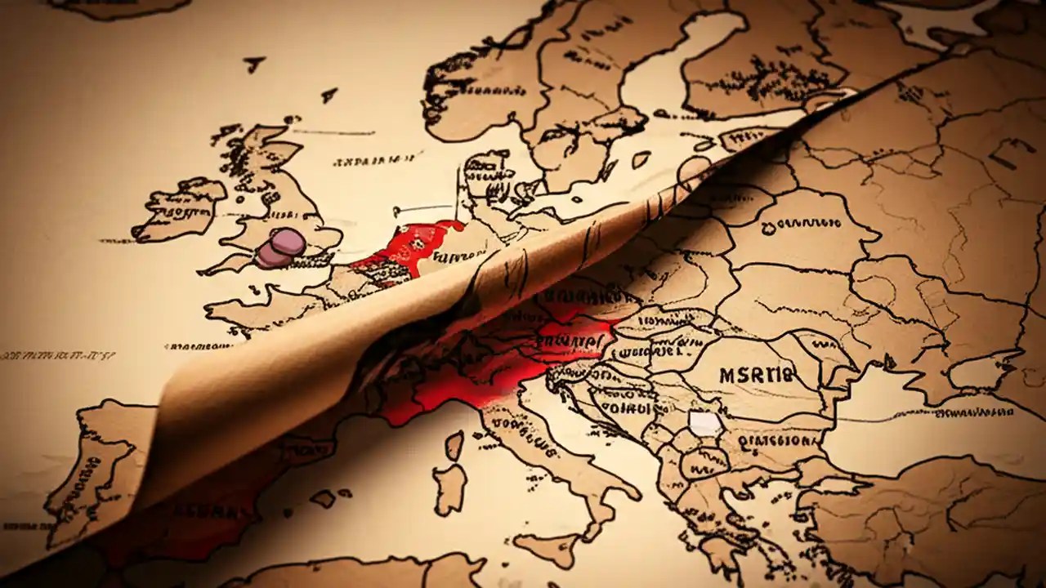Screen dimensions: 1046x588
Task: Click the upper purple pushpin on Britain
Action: coord(288,241)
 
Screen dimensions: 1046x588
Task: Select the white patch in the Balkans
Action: coord(705,423)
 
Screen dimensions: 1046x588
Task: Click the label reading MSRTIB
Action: coord(756,376)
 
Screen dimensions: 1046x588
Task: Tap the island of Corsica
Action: coord(454,445)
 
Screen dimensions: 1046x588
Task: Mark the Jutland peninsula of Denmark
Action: coord(482,171)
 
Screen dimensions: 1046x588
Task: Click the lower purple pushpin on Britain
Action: coord(273,256)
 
